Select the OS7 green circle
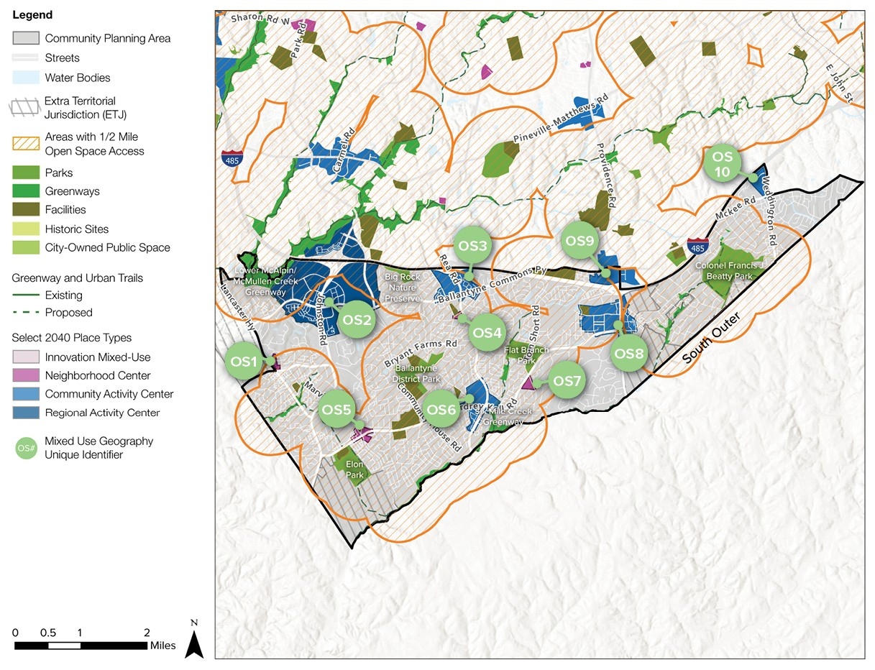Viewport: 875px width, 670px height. point(567,380)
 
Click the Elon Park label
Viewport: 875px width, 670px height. point(355,469)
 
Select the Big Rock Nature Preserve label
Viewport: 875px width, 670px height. point(402,288)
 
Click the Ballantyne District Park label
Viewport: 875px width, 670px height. point(417,374)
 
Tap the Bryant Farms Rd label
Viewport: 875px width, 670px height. point(421,352)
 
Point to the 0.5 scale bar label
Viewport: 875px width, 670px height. point(48,633)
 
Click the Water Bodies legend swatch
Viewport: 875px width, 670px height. point(26,78)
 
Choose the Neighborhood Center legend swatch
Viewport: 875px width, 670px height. point(26,375)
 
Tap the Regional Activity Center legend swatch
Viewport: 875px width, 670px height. point(26,413)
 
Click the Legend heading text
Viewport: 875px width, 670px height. point(32,15)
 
